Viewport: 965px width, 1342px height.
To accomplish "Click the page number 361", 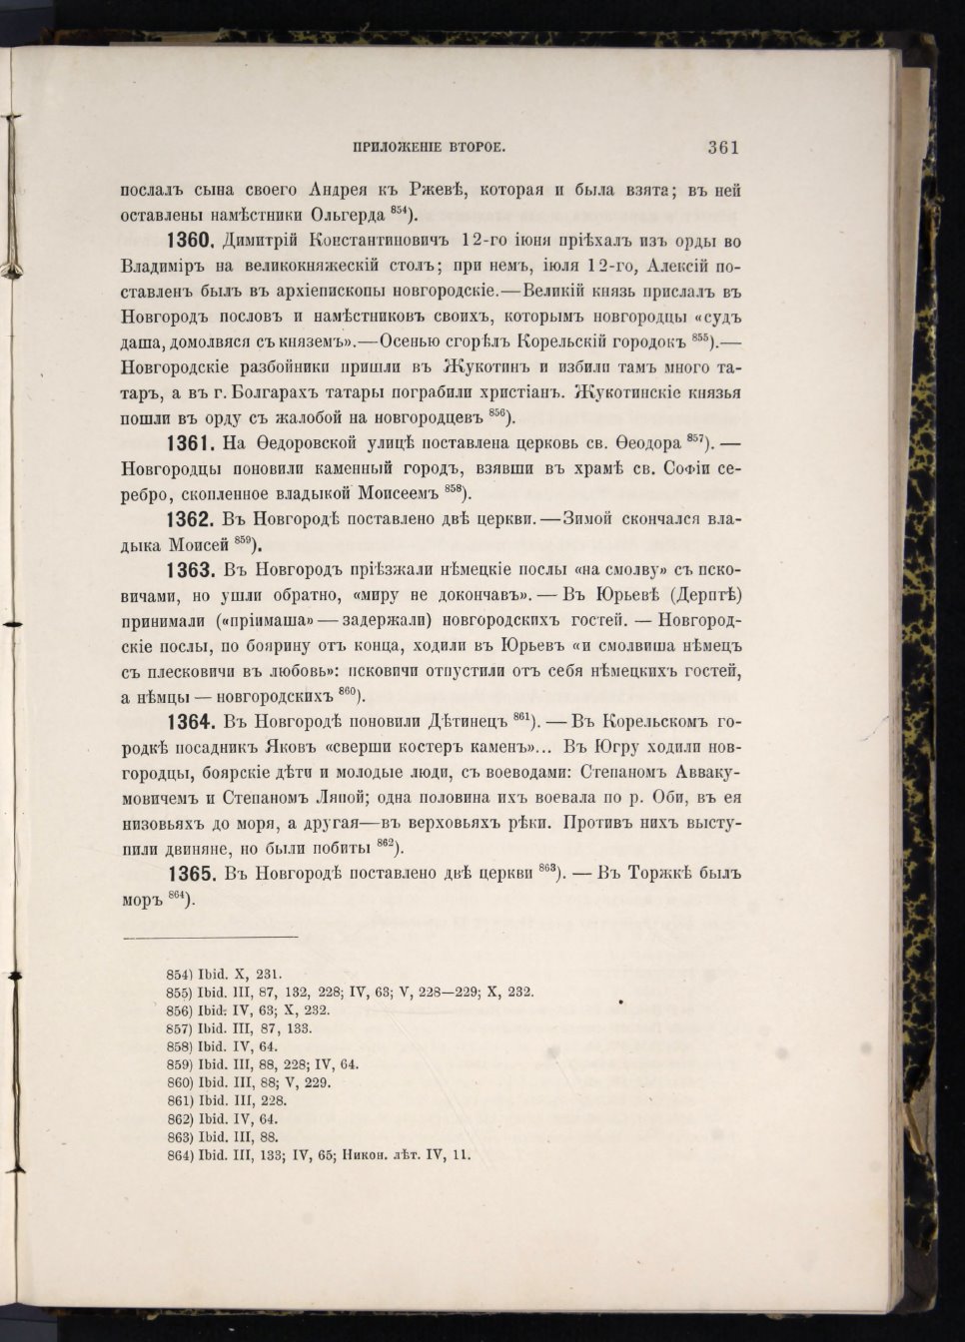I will [722, 148].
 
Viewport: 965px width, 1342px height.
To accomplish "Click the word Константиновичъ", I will [379, 242].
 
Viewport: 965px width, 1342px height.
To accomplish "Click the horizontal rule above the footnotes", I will [210, 937].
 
